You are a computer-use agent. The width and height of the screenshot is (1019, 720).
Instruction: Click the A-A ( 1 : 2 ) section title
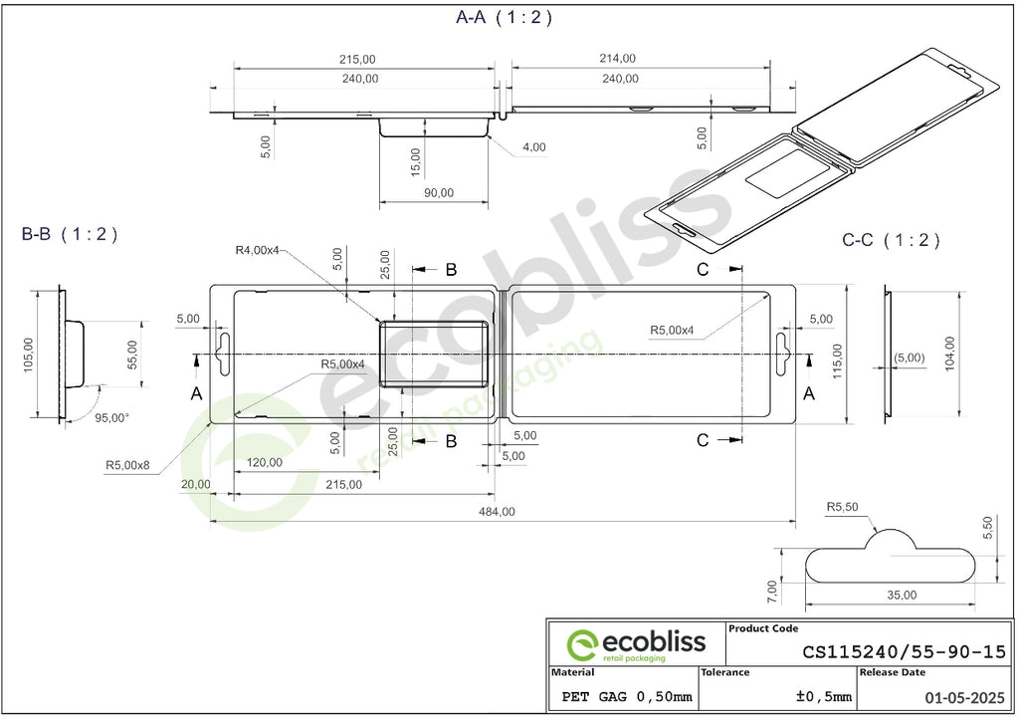tap(504, 17)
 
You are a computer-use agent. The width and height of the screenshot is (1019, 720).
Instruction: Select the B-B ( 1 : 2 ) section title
tap(70, 233)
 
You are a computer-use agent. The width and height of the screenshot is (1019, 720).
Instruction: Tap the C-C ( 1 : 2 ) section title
tap(891, 240)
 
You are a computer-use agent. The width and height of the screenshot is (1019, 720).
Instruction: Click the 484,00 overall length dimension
tap(498, 512)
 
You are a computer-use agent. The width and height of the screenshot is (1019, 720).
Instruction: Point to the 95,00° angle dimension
tap(111, 417)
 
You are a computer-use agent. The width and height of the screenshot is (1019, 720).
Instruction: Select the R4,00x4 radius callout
tap(257, 250)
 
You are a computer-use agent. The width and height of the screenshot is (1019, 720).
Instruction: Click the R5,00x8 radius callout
tap(127, 465)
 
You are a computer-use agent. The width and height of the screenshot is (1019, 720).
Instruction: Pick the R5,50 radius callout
tap(842, 507)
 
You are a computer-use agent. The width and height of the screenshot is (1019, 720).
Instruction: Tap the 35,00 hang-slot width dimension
tap(902, 595)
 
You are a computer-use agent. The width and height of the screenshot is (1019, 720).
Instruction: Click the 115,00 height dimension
tap(837, 360)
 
